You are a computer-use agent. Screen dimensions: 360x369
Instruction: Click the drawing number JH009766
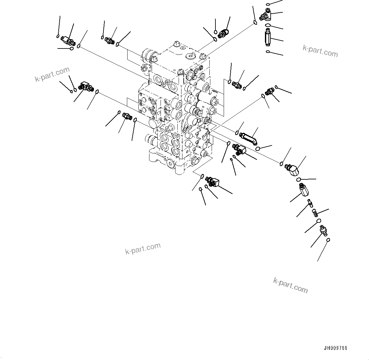tap(336, 348)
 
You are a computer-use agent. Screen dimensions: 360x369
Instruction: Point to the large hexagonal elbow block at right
tap(293, 168)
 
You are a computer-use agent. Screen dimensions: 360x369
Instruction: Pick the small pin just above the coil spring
tap(309, 202)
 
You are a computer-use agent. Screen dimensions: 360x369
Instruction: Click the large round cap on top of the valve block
tap(189, 56)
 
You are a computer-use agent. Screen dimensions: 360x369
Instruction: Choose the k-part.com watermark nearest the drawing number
tap(290, 285)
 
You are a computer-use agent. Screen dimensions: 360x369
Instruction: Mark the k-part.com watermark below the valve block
tap(143, 248)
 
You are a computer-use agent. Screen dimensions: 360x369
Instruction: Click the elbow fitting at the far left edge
tap(85, 87)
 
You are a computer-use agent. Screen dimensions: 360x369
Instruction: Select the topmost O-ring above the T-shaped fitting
tap(268, 4)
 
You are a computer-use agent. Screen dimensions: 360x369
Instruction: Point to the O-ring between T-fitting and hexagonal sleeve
tap(268, 25)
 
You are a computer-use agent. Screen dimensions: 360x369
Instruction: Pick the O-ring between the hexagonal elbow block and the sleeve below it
tap(299, 180)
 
